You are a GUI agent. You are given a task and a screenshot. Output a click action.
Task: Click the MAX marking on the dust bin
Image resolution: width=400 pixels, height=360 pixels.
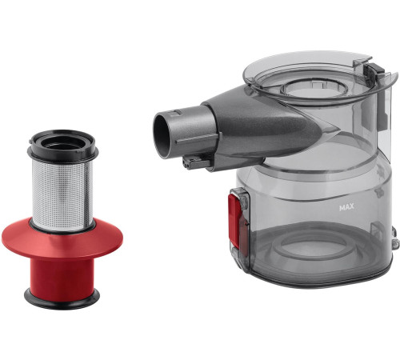[x=346, y=207]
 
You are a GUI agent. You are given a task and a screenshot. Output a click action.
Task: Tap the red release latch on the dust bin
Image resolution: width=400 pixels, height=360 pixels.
[x=234, y=219]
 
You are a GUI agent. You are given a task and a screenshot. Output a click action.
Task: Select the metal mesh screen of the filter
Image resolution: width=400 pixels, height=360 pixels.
[x=62, y=195]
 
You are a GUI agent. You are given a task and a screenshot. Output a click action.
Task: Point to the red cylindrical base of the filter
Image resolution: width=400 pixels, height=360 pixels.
[x=62, y=274]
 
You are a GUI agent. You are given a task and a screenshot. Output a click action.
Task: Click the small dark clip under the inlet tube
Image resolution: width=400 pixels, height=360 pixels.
[x=193, y=162]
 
